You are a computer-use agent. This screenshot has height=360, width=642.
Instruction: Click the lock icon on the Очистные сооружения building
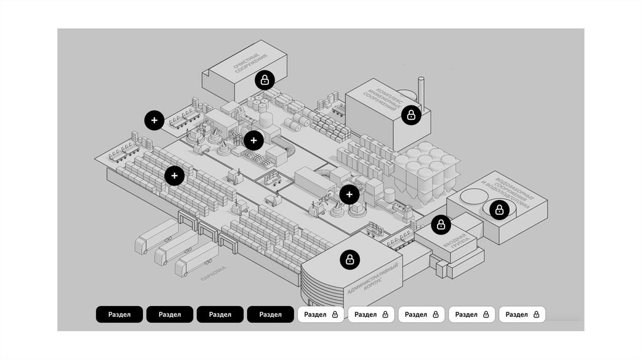point(265,80)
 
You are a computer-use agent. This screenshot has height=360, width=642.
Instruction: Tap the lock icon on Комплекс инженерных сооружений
point(411,115)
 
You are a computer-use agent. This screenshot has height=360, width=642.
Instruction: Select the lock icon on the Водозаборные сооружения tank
point(499,209)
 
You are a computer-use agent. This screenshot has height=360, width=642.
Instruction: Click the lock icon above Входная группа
point(441,224)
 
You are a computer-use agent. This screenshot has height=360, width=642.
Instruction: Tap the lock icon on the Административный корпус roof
point(350,259)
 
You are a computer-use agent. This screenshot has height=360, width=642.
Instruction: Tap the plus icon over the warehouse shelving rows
point(174,176)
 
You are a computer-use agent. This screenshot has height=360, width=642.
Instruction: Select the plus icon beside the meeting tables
point(154,120)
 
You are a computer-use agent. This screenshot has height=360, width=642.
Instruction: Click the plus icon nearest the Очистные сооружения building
point(253,140)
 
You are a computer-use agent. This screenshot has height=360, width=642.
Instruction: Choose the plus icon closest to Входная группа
point(349,194)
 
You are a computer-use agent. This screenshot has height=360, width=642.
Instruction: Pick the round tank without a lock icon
point(470,198)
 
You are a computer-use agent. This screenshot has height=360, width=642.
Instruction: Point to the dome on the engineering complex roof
point(406,93)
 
